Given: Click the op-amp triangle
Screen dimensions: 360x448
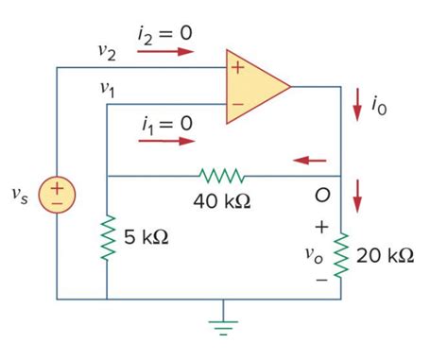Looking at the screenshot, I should (253, 88).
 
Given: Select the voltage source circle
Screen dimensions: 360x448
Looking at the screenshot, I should (58, 196).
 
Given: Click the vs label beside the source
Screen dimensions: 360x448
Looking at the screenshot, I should (20, 195).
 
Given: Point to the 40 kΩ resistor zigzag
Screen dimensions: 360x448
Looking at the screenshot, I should (221, 176).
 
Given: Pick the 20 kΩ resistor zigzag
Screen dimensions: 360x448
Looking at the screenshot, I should (341, 255).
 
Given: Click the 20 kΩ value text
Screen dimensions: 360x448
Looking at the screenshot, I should (386, 256).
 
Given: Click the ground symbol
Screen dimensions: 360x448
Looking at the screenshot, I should (223, 321).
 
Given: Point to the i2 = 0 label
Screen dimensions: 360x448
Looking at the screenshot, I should (165, 32).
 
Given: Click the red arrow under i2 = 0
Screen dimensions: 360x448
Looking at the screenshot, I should (165, 53).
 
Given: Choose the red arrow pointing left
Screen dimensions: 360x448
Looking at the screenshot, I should (309, 160).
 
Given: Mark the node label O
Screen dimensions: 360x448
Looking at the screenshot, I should (322, 197).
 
